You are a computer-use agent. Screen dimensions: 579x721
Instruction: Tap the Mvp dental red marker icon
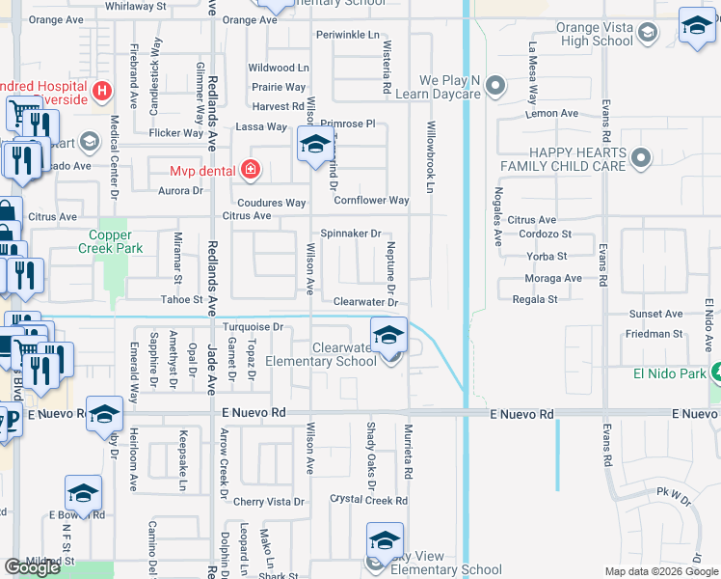point(251,171)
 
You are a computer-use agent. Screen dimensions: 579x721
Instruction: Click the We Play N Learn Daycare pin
point(495,87)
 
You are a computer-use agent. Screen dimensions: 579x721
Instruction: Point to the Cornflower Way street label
point(371,201)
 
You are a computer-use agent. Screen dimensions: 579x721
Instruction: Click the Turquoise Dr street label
point(253,327)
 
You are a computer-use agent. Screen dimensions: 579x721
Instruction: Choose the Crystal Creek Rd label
point(368,501)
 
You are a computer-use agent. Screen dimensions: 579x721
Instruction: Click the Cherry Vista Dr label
point(268,502)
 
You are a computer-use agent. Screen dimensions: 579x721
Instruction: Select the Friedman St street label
point(654,334)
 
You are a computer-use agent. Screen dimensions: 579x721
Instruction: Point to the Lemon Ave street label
point(552,113)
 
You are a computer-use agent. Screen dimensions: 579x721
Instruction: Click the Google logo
point(33,566)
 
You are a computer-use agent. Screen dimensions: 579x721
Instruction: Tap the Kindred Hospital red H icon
point(102,93)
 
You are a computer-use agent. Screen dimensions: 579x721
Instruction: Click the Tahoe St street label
point(179,300)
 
